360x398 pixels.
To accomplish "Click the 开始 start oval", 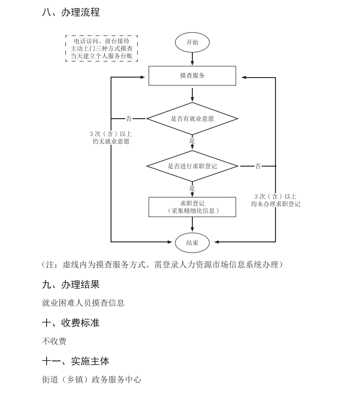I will (x=192, y=42).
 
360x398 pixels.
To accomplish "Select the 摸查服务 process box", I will (x=192, y=76).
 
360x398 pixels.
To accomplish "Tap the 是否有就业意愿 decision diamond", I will (x=192, y=119).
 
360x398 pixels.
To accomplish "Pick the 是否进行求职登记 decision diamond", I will (x=192, y=166).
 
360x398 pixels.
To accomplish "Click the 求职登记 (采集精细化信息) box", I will (x=192, y=207).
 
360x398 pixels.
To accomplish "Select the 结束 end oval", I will (x=192, y=243).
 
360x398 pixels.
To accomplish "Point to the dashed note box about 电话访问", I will (x=102, y=48).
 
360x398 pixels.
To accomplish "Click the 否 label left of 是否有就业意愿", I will (x=128, y=119).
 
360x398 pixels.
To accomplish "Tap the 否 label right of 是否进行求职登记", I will (x=258, y=166).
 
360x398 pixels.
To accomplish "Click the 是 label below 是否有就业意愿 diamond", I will (x=192, y=141).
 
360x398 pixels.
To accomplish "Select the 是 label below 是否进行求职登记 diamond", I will (x=192, y=188).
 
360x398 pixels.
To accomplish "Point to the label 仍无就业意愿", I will (x=111, y=141).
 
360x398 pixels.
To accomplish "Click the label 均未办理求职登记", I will (x=275, y=204).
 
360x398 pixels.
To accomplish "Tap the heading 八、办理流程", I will (x=71, y=12).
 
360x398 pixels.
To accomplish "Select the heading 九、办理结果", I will (x=71, y=285).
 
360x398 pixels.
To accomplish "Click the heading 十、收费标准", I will (x=71, y=323).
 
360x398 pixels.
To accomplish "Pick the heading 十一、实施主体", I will (x=76, y=361).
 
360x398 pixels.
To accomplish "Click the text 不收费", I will (x=54, y=341).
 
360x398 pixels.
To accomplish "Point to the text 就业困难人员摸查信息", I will (x=83, y=303).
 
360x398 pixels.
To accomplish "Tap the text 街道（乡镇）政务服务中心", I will (x=91, y=379).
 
